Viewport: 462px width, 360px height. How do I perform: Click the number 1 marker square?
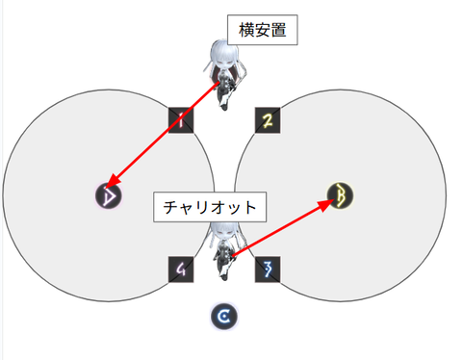point(181,119)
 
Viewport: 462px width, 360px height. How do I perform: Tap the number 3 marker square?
point(268,269)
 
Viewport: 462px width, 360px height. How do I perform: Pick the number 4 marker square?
point(181,270)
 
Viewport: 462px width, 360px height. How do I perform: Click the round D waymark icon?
point(109,196)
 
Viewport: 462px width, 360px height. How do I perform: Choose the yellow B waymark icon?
point(339,195)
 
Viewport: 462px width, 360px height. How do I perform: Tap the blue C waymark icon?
point(224,315)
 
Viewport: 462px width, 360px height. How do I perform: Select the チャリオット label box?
point(210,207)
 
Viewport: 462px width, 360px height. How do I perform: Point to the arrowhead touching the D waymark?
point(111,183)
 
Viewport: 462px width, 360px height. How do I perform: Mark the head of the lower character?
point(224,232)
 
